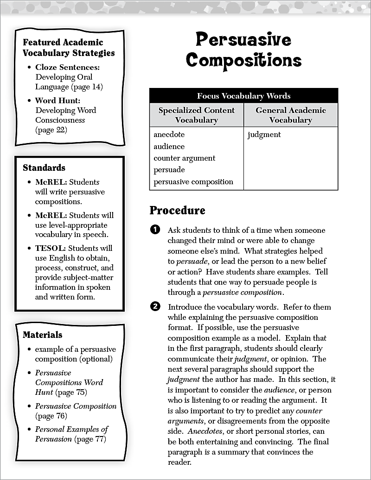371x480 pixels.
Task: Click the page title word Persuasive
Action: [x=243, y=40]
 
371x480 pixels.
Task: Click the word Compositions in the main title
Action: [x=243, y=60]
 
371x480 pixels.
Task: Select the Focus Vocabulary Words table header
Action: [x=243, y=96]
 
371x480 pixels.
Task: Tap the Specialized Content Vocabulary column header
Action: [x=197, y=115]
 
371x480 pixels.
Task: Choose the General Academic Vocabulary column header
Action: [x=291, y=115]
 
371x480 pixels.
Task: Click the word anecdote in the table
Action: [x=169, y=135]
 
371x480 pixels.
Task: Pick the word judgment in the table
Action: [x=264, y=135]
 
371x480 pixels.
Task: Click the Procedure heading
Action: [x=177, y=211]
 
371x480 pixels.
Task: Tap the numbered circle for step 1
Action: [x=155, y=230]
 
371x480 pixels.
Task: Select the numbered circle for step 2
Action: [x=155, y=307]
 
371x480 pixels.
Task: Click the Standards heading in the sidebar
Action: [x=44, y=168]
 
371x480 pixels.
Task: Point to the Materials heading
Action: [x=43, y=335]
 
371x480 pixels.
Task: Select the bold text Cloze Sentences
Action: [x=67, y=68]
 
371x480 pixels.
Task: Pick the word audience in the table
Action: [x=169, y=146]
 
